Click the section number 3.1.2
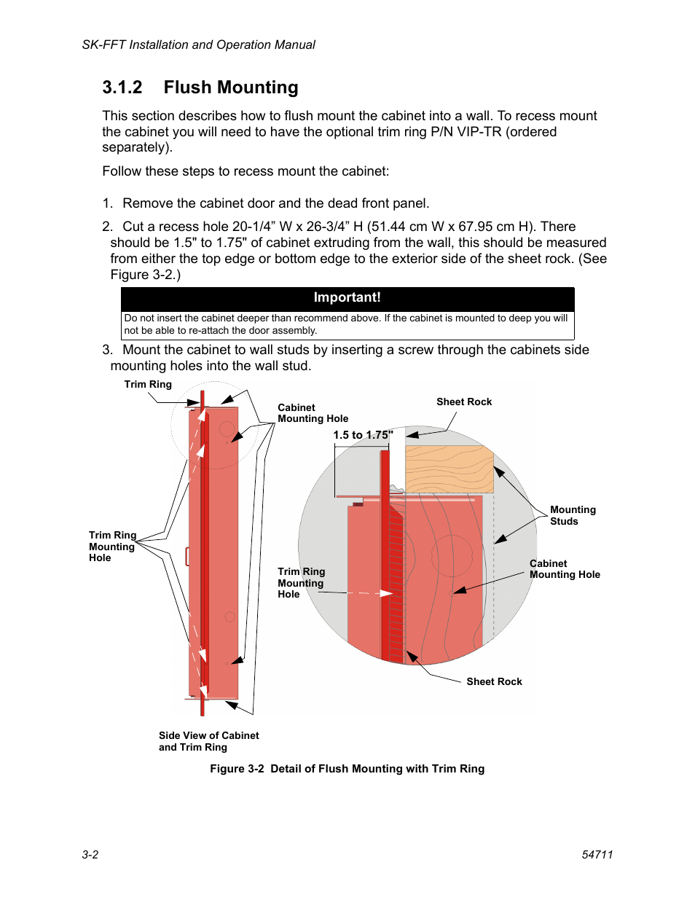[122, 87]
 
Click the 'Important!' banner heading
[347, 297]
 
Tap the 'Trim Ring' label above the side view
[148, 384]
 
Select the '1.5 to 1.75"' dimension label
[363, 435]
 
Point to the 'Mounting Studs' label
[573, 515]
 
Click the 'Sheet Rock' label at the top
[464, 402]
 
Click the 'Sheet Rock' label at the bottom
[494, 681]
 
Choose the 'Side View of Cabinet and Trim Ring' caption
[208, 741]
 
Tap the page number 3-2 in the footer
[90, 854]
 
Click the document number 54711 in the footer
[597, 854]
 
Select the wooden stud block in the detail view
[449, 469]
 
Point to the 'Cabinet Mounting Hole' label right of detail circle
[565, 569]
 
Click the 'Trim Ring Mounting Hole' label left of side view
[111, 547]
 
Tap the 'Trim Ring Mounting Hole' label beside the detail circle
[301, 583]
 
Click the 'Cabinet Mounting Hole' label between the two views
[313, 413]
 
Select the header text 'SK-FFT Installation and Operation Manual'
[199, 44]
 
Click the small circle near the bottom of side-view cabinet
[229, 617]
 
